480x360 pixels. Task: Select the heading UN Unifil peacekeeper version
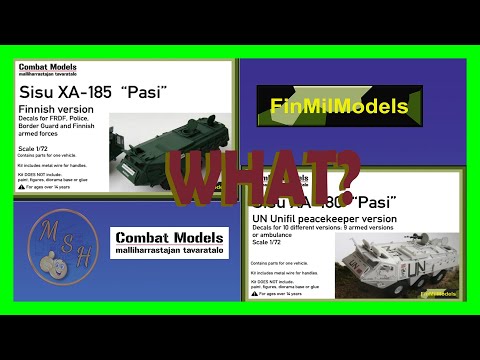pyautogui.click(x=322, y=218)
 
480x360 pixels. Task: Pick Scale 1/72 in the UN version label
pyautogui.click(x=269, y=242)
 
